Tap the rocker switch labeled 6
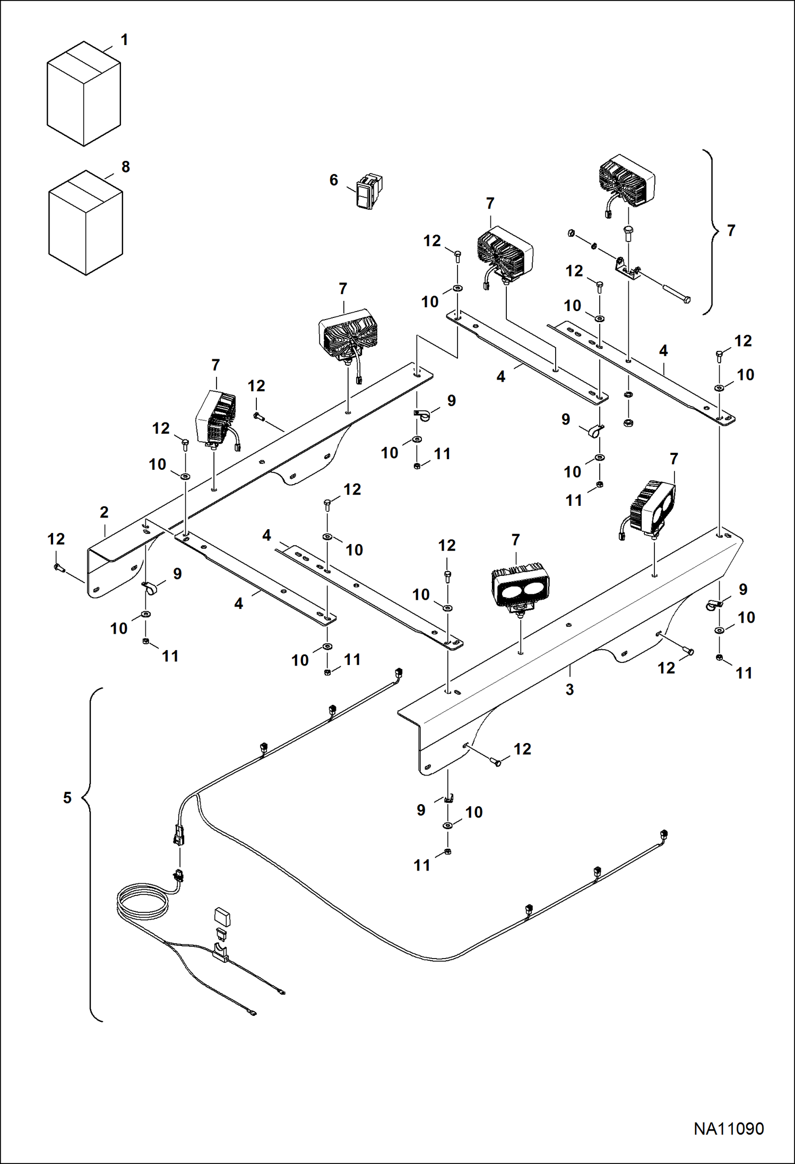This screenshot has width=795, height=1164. tap(369, 191)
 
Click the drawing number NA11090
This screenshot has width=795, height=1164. tap(728, 1128)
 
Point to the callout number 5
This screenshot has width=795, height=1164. tap(67, 798)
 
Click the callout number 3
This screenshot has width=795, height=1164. tap(569, 689)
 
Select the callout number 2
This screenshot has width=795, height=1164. tap(104, 512)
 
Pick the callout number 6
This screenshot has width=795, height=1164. tap(333, 180)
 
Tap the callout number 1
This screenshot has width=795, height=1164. tap(124, 40)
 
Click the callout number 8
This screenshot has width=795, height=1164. tap(126, 167)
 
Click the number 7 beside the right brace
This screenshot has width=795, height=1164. tap(731, 230)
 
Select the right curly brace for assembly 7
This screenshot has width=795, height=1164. tap(710, 231)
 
